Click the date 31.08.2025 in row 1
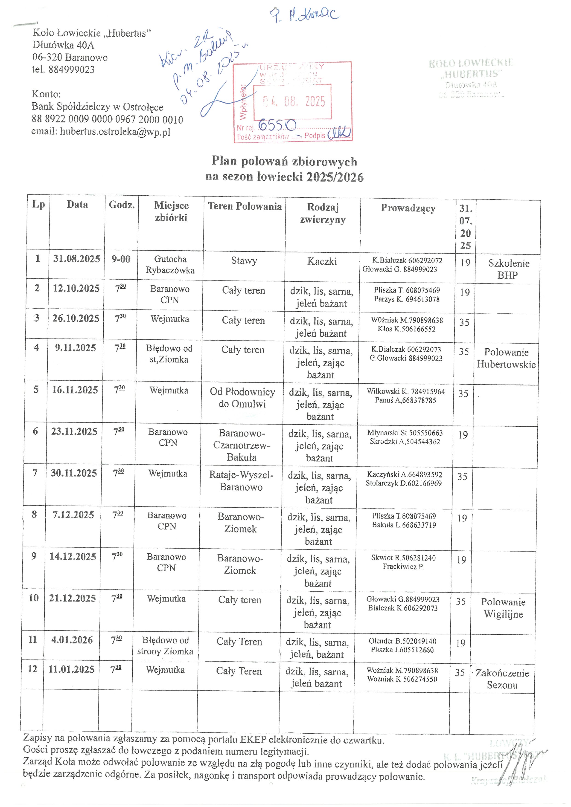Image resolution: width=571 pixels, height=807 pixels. point(77,259)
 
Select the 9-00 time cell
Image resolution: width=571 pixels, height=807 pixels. point(121,259)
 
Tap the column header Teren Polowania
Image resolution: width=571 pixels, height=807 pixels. point(245,206)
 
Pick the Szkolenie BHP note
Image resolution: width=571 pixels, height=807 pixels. point(508,269)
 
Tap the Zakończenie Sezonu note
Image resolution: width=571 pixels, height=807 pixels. point(502,679)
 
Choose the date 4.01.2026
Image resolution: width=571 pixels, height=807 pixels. point(72,640)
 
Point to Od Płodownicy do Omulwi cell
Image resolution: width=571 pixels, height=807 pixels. point(242,398)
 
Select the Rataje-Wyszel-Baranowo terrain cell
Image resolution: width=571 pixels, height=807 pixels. point(241,481)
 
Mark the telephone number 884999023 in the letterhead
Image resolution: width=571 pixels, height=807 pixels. point(72,69)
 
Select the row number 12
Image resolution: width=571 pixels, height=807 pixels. point(33,669)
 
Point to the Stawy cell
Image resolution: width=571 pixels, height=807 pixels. point(244,261)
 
